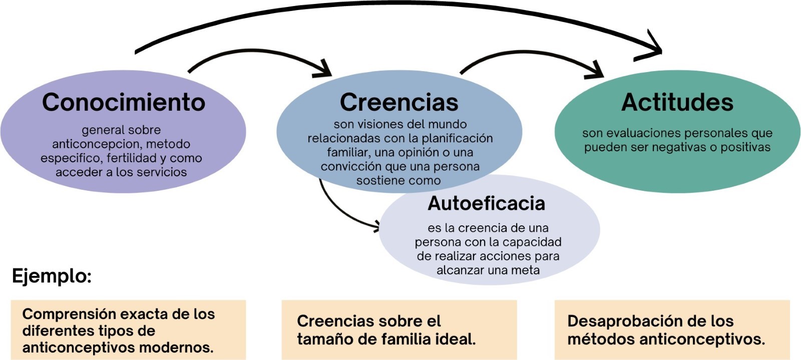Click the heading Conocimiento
point(124,102)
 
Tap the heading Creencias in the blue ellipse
point(399,102)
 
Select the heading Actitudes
point(677,102)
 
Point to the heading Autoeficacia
point(486,203)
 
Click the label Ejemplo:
point(52,276)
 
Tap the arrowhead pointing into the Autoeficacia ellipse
point(375,228)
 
